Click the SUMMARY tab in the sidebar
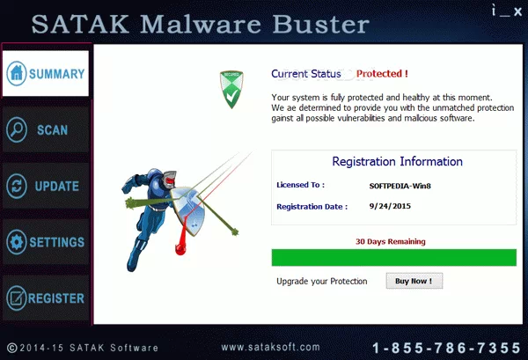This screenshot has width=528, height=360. pyautogui.click(x=46, y=74)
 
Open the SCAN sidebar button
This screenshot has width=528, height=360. pyautogui.click(x=46, y=130)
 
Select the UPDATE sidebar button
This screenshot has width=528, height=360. pyautogui.click(x=46, y=187)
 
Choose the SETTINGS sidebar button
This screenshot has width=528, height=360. pyautogui.click(x=46, y=242)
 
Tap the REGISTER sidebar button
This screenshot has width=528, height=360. pyautogui.click(x=46, y=298)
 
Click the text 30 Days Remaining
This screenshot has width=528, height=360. pyautogui.click(x=390, y=241)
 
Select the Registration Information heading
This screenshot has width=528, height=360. pyautogui.click(x=397, y=162)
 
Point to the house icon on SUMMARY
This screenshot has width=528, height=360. pyautogui.click(x=15, y=74)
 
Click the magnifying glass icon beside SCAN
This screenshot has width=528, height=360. pyautogui.click(x=16, y=130)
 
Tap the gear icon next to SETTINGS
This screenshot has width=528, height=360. pyautogui.click(x=15, y=242)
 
